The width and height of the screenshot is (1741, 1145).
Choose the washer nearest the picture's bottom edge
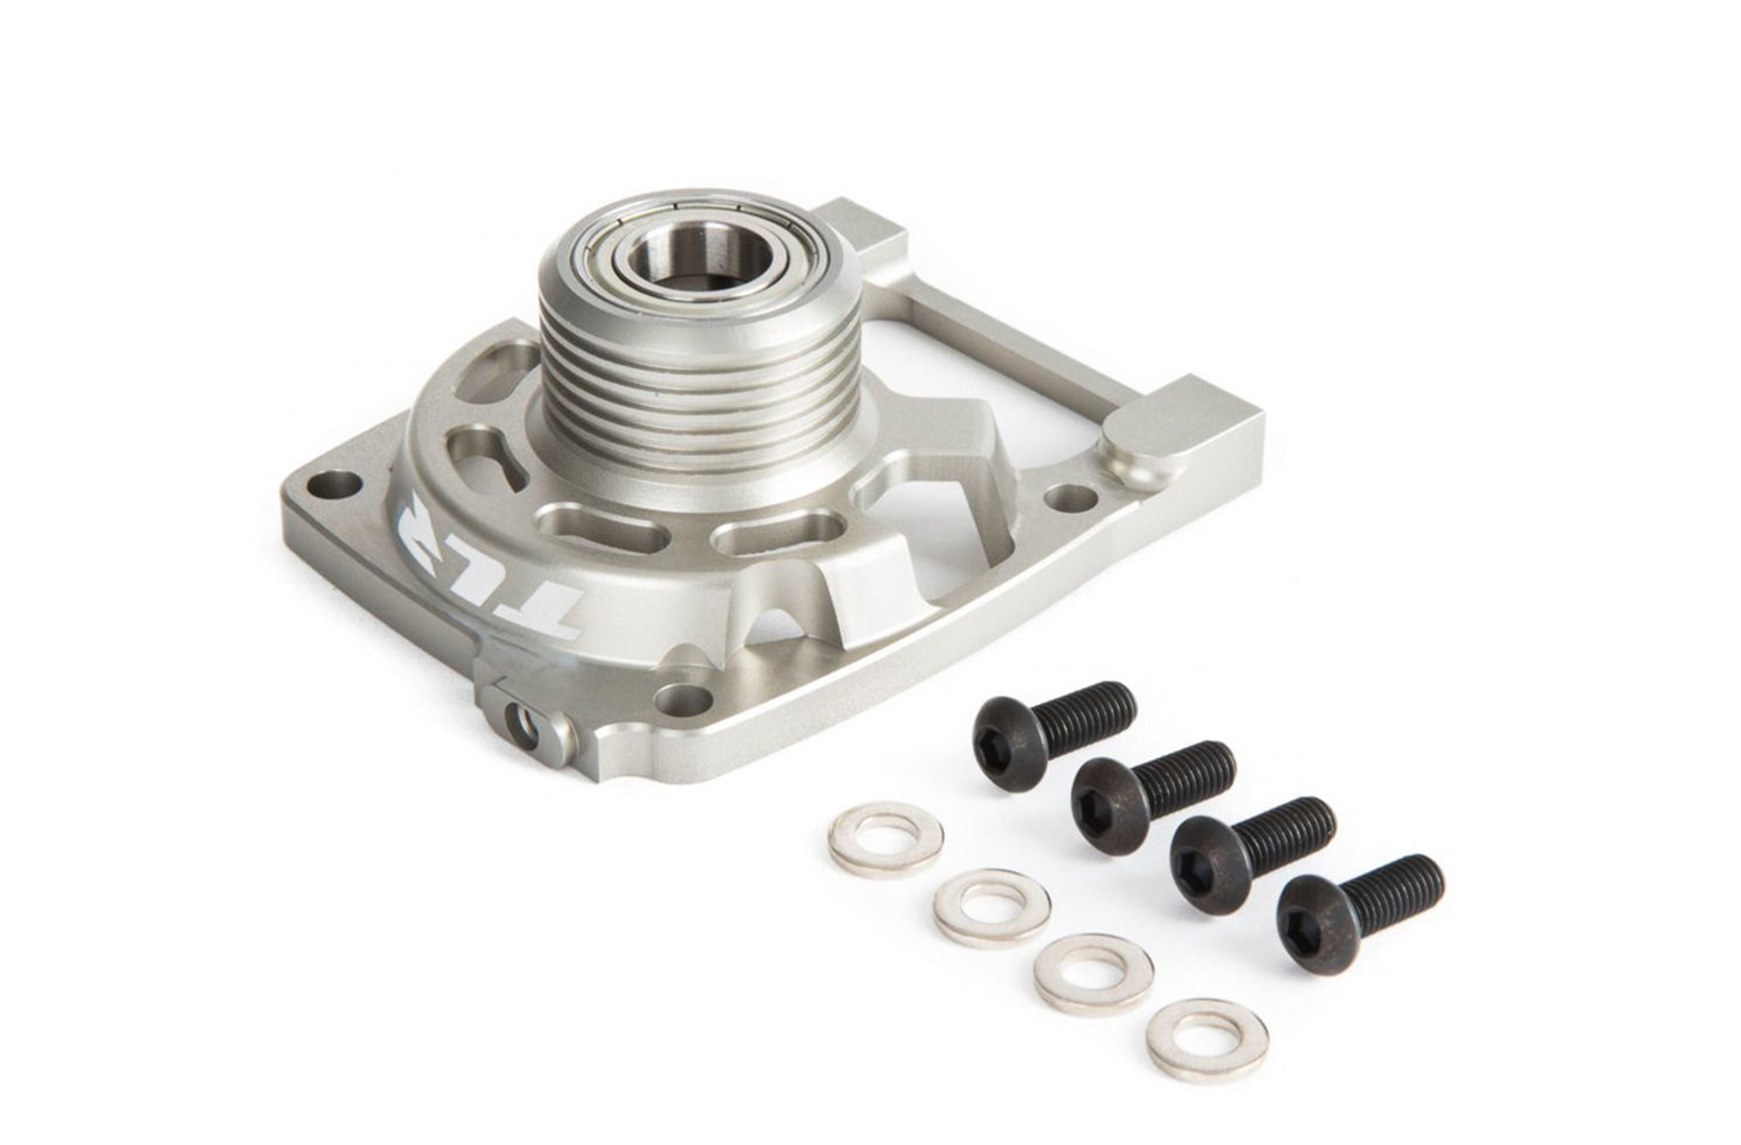tap(1207, 1039)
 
